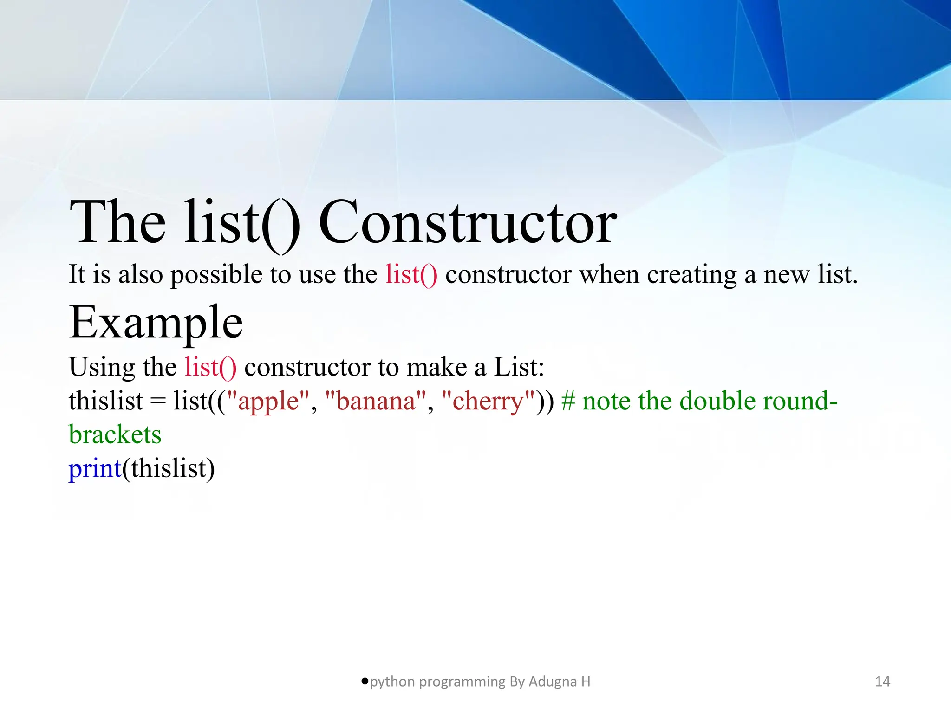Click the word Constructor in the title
[468, 222]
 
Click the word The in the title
[117, 222]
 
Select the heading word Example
[156, 323]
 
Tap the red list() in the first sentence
[411, 274]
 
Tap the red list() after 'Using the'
[210, 367]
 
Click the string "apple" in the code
[268, 401]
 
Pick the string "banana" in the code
[376, 401]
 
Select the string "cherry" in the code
[488, 401]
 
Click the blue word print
[95, 468]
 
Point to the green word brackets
[115, 435]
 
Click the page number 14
[882, 681]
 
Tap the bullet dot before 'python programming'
[365, 681]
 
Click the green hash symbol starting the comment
[568, 401]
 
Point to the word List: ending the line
[519, 367]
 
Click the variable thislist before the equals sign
[106, 401]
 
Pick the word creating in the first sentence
[691, 275]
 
